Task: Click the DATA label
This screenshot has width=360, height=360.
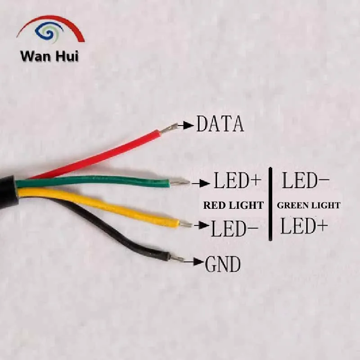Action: pyautogui.click(x=220, y=124)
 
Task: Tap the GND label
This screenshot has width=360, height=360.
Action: pyautogui.click(x=223, y=265)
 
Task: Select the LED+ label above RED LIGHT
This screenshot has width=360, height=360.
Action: pyautogui.click(x=237, y=181)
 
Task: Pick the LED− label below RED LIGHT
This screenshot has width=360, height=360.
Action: pyautogui.click(x=234, y=229)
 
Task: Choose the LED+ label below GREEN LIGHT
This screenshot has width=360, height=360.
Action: pyautogui.click(x=304, y=226)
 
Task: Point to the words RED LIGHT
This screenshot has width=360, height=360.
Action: pyautogui.click(x=233, y=206)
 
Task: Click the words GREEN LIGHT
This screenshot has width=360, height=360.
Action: pyautogui.click(x=309, y=206)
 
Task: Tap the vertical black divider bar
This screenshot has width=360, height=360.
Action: pyautogui.click(x=270, y=204)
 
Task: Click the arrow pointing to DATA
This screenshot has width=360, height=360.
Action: pyautogui.click(x=185, y=126)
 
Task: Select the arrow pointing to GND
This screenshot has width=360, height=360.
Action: pyautogui.click(x=194, y=261)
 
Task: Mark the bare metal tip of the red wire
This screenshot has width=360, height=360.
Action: pyautogui.click(x=168, y=130)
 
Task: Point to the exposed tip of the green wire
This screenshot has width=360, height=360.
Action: pyautogui.click(x=179, y=183)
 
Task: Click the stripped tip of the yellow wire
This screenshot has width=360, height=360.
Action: pyautogui.click(x=185, y=224)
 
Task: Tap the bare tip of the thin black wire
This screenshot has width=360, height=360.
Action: pyautogui.click(x=177, y=259)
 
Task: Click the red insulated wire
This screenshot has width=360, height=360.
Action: pyautogui.click(x=99, y=155)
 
